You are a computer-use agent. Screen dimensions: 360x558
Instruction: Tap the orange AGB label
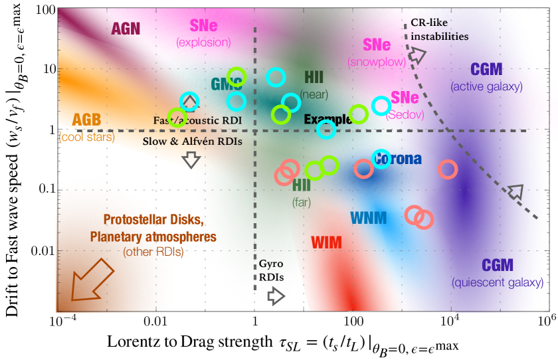[x=86, y=120]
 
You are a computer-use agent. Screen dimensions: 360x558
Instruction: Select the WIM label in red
[x=327, y=242]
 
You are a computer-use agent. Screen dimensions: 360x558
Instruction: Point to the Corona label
[x=397, y=159]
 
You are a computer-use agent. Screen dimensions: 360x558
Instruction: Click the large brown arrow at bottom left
[x=86, y=281]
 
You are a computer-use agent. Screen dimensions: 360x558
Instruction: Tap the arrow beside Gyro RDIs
[x=276, y=296]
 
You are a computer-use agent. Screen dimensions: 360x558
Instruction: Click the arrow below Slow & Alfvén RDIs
[x=191, y=159]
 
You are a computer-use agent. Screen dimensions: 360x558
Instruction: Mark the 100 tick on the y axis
[x=41, y=10]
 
